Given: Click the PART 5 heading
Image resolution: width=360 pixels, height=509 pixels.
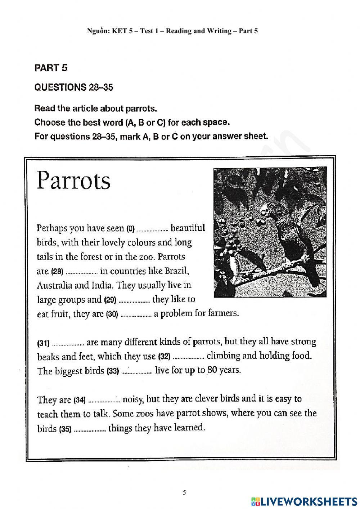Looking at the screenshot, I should point(51,68).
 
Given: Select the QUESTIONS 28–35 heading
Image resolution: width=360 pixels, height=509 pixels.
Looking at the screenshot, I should point(73,88).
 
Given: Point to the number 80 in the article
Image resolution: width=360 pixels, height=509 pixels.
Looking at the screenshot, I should point(212,370).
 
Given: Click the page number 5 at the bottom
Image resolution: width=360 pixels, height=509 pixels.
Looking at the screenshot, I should point(184,492).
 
